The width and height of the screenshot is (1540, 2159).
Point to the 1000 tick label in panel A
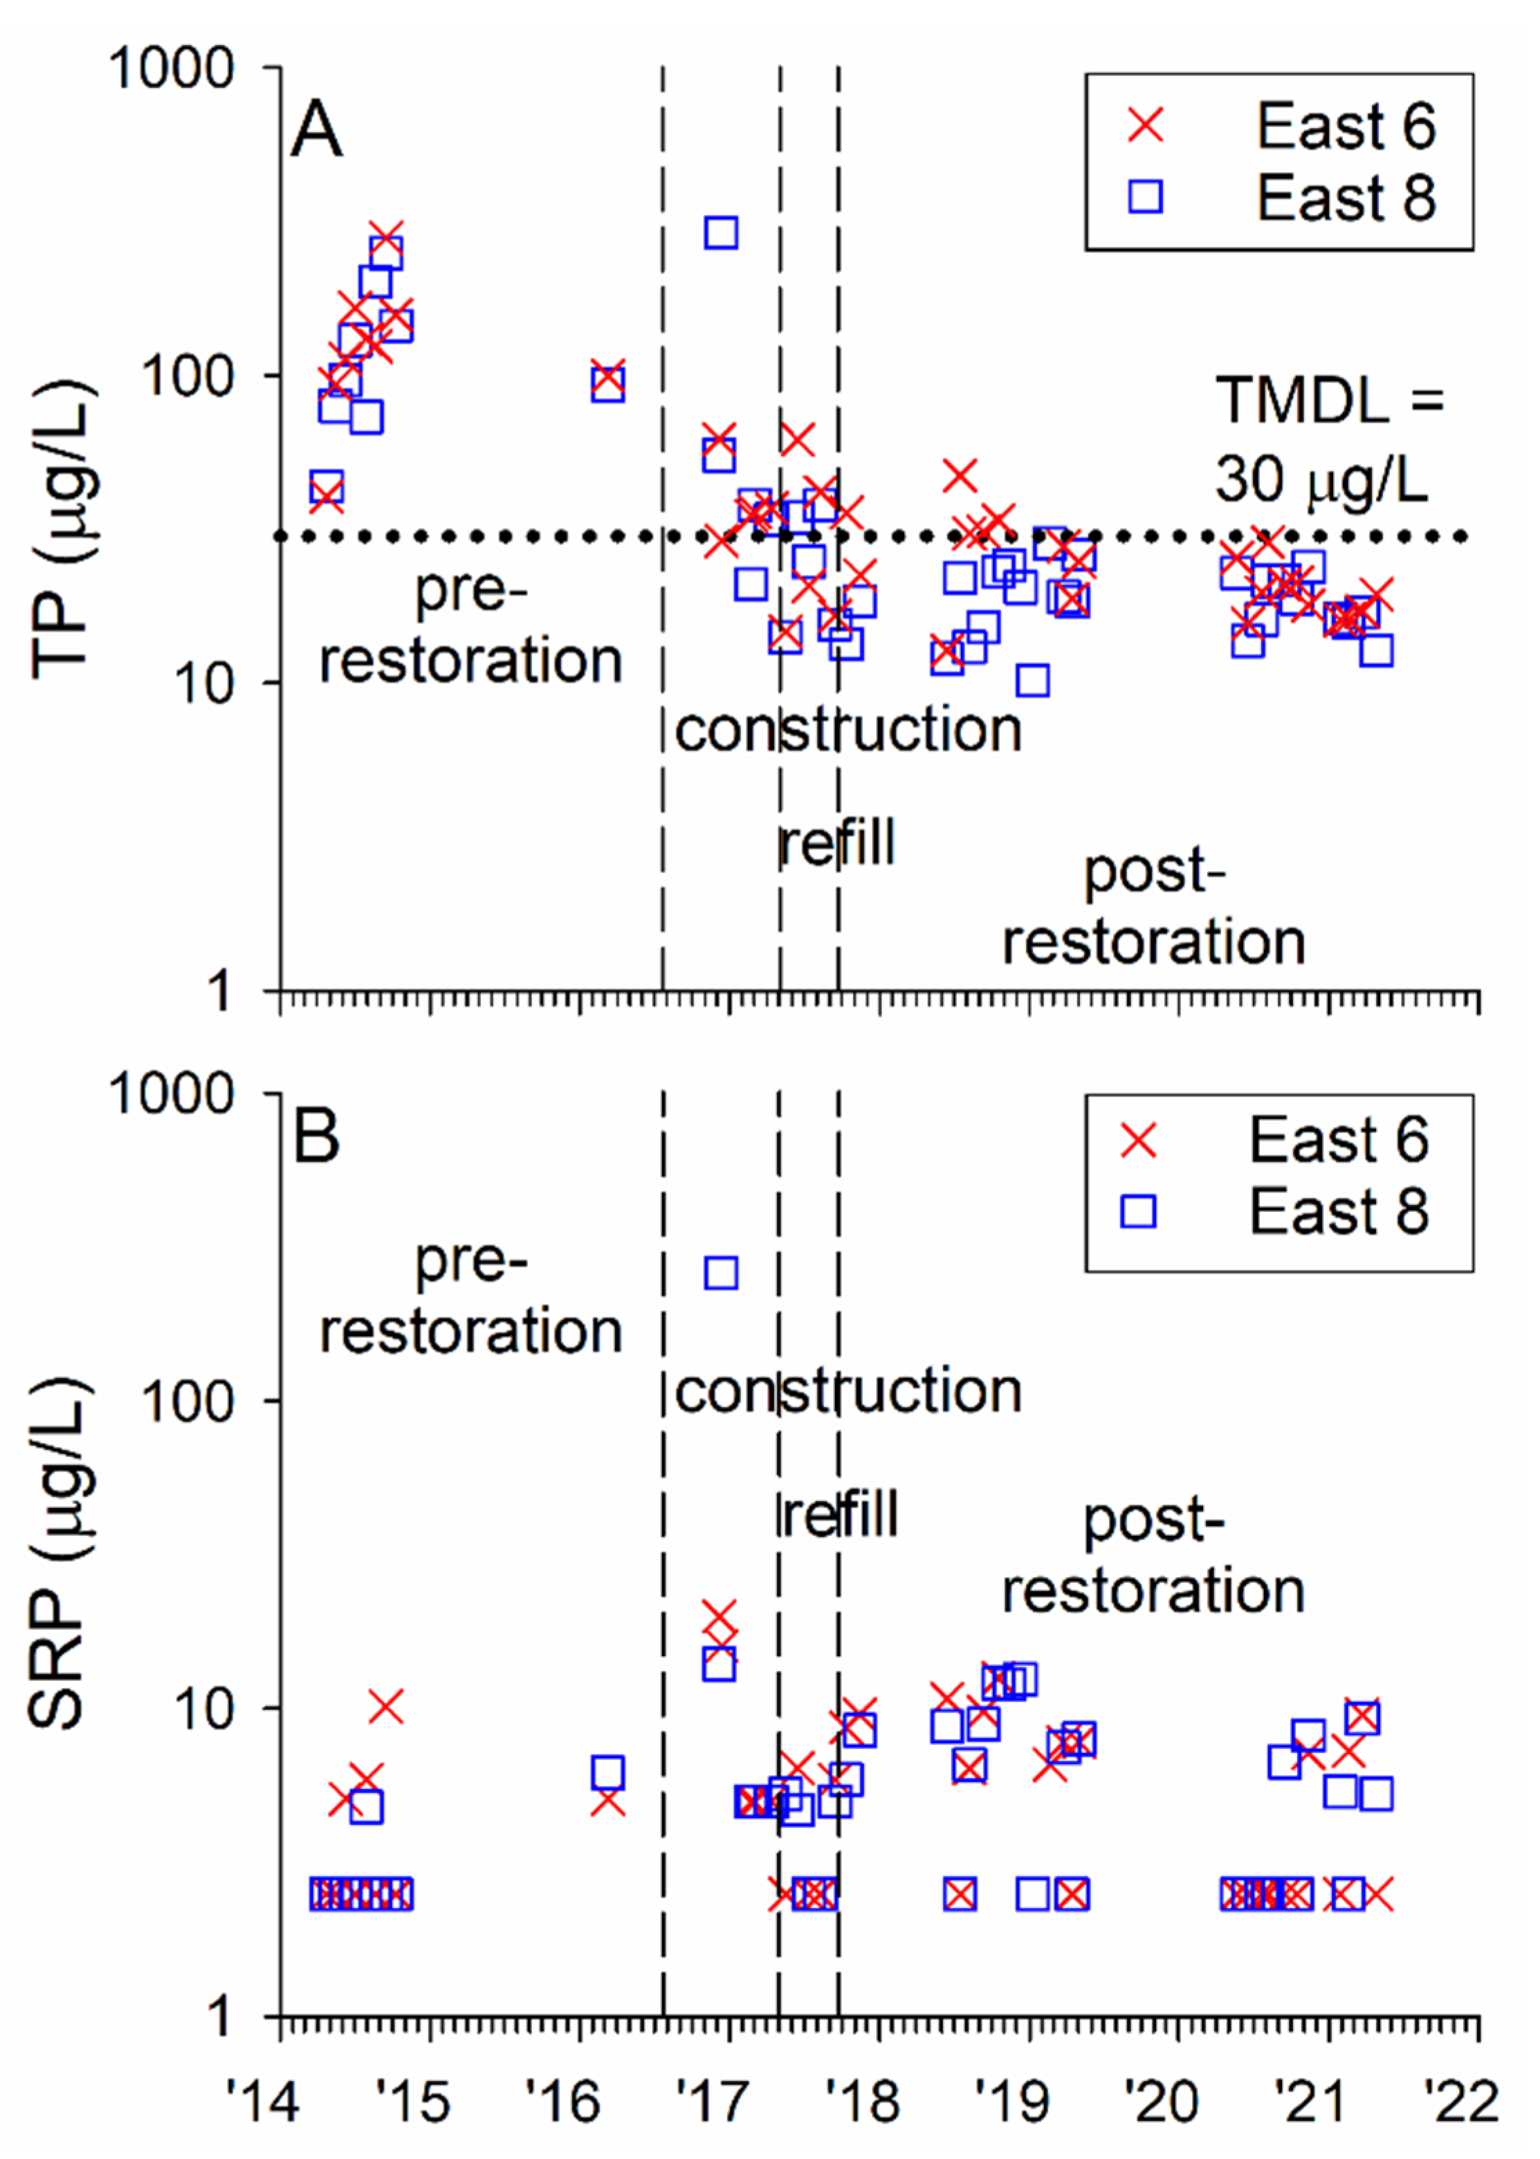(x=172, y=68)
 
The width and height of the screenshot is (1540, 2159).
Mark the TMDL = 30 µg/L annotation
(x=1328, y=439)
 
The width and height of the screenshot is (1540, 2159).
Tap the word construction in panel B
(x=847, y=1392)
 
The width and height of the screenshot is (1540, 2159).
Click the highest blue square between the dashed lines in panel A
(x=721, y=232)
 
